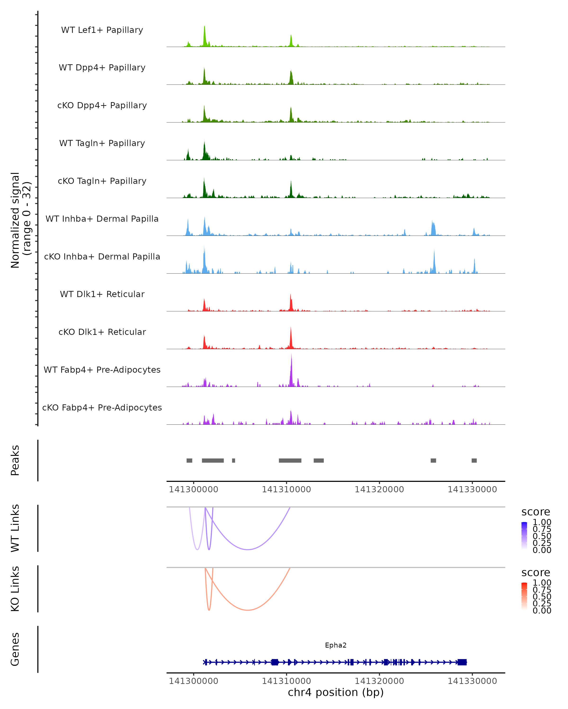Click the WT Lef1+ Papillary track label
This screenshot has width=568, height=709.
102,30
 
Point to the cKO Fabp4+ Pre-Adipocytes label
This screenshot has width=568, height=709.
102,407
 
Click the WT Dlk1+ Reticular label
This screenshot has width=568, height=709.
102,294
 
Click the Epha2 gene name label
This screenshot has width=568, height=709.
336,645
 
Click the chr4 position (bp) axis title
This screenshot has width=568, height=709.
336,692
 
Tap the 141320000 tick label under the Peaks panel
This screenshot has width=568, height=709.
379,489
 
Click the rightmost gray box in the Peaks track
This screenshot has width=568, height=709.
474,460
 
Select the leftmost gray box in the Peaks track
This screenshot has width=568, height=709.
189,460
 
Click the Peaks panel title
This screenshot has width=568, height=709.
15,460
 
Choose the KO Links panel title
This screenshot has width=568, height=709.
15,589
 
